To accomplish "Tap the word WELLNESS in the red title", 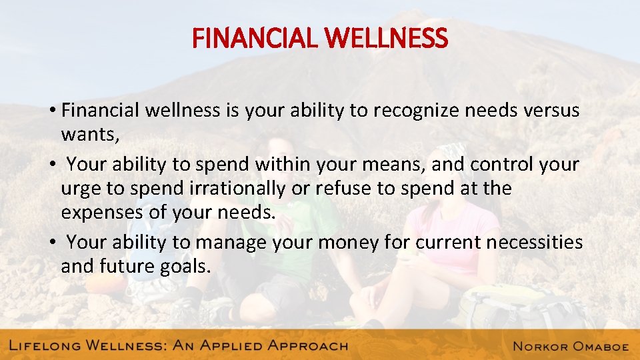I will [388, 39].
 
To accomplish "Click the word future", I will [133, 267].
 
